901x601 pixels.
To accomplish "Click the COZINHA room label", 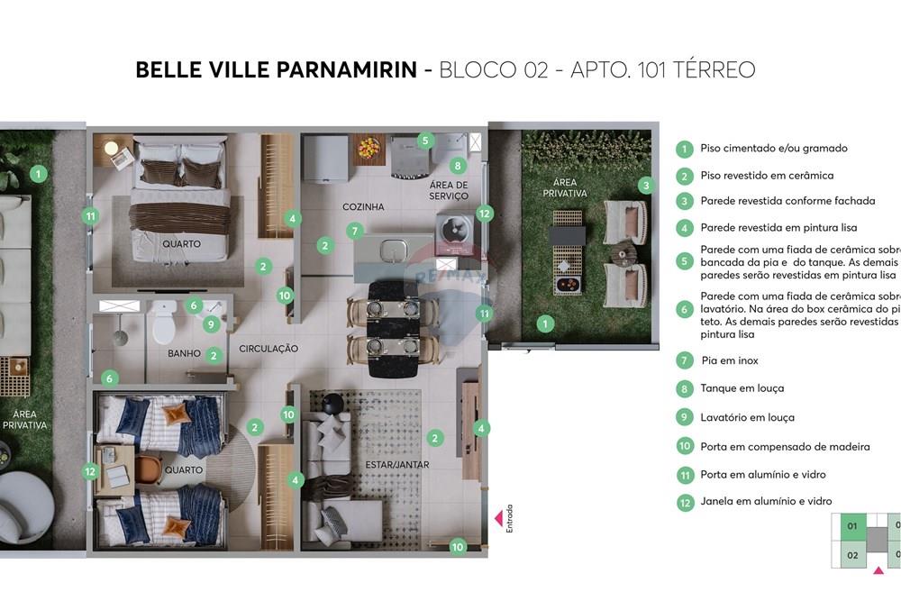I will click(x=363, y=207).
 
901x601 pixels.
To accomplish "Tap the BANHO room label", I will click(x=184, y=354).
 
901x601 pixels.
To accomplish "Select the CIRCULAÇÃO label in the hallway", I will click(x=268, y=349).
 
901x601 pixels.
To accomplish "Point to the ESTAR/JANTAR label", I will click(x=396, y=465).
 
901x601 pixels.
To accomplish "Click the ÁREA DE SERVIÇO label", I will click(x=449, y=190).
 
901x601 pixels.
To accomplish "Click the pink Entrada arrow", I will click(x=496, y=518).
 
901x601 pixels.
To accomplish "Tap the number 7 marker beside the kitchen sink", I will click(x=355, y=232).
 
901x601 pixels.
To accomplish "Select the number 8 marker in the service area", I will click(x=458, y=166).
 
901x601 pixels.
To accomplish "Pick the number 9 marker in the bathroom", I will click(x=211, y=324).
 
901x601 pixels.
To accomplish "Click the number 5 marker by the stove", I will click(x=426, y=141).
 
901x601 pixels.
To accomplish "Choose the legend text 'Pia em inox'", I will click(x=730, y=360).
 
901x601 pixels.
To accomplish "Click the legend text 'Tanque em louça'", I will click(x=742, y=388).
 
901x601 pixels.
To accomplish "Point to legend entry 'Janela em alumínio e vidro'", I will click(x=766, y=501).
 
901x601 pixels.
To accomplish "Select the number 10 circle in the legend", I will click(x=685, y=445).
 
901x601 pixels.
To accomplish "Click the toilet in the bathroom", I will click(x=163, y=323).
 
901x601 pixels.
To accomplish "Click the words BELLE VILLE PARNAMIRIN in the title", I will click(x=276, y=70).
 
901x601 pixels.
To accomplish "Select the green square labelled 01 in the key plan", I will click(x=851, y=525).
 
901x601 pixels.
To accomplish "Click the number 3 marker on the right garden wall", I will click(x=645, y=186).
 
